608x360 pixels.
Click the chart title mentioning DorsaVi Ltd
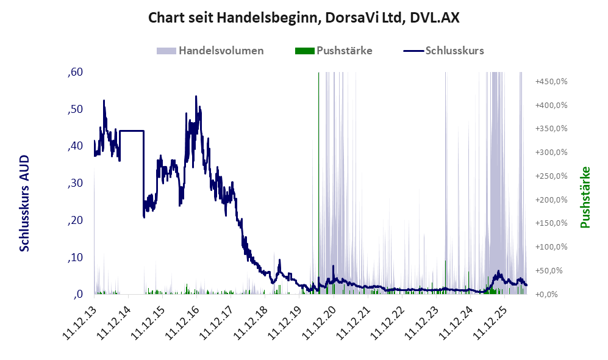pos(304,18)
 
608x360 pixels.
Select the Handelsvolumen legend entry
pos(210,51)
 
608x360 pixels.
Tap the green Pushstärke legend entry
pos(334,51)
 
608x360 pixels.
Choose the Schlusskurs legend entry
pos(443,51)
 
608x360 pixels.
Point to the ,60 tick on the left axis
pos(75,72)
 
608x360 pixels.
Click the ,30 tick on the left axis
pos(75,182)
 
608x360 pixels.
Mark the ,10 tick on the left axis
pos(75,257)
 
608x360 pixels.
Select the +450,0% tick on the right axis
pos(551,82)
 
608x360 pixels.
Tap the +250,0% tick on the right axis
pos(551,176)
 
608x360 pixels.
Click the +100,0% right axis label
pos(551,247)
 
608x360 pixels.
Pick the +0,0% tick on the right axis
pos(546,294)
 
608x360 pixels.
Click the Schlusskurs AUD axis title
pos(24,203)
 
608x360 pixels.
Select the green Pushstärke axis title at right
pos(585,198)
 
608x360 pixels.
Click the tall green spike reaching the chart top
pos(319,182)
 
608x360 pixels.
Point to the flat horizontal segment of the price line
pos(132,131)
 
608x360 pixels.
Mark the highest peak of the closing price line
pos(196,96)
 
